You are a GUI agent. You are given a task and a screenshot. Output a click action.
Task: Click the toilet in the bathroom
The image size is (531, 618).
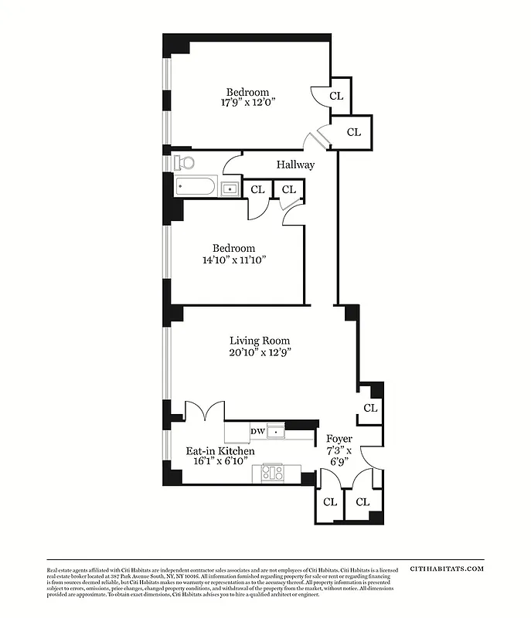[182, 162]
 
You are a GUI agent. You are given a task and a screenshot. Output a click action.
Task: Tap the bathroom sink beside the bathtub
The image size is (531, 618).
[230, 188]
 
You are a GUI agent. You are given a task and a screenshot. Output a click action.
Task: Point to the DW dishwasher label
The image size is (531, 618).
[257, 432]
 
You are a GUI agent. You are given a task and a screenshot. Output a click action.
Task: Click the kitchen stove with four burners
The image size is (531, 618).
[272, 473]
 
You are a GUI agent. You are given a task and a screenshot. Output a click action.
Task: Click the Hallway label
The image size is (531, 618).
[295, 165]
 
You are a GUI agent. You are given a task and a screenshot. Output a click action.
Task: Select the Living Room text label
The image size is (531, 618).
[260, 340]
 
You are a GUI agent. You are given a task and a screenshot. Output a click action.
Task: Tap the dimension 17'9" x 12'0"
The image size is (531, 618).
[248, 101]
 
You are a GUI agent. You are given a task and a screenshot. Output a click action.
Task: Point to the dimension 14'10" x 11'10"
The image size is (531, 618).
[233, 260]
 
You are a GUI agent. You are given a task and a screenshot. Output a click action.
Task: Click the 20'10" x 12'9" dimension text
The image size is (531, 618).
[260, 352]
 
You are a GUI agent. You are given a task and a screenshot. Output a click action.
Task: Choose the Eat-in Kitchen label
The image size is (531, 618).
[220, 451]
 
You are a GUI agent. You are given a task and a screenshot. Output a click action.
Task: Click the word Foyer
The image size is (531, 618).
[339, 439]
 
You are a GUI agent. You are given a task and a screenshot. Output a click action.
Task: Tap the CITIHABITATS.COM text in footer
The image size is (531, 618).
[447, 568]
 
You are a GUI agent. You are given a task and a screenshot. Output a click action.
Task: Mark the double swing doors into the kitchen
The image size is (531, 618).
[205, 411]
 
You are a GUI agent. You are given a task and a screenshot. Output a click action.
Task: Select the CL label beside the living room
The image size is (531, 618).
[371, 408]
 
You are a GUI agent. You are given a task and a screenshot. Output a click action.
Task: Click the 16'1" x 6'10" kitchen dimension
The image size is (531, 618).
[220, 463]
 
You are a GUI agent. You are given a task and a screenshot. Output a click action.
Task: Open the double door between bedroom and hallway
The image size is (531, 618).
[317, 140]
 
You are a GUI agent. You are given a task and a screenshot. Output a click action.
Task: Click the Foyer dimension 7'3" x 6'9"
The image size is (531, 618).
[339, 456]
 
